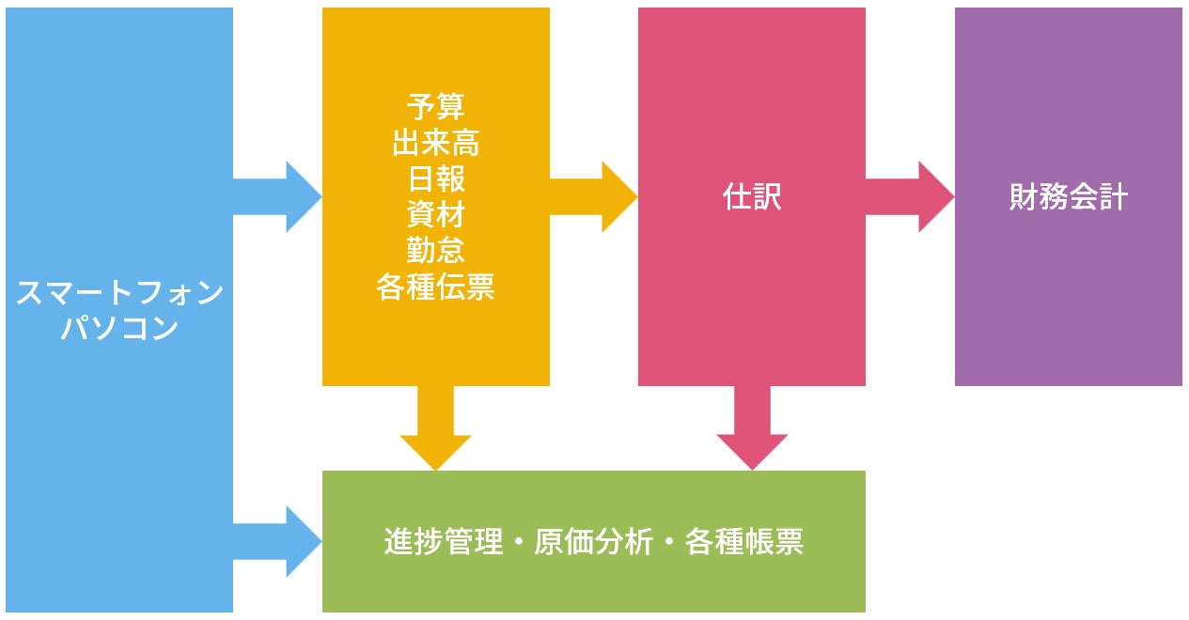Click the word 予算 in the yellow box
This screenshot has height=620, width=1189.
(436, 106)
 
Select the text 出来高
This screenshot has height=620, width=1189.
(436, 142)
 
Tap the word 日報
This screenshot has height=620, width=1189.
(436, 178)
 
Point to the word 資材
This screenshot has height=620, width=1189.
(436, 213)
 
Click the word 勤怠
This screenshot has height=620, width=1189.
(436, 250)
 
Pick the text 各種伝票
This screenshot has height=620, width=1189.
(436, 286)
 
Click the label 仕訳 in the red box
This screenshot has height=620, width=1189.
(752, 197)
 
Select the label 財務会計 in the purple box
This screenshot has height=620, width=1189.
(1069, 197)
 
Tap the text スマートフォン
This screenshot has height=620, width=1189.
(119, 293)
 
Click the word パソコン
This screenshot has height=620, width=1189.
(119, 329)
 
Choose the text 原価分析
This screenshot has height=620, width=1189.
(593, 542)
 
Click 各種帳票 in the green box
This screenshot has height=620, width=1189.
(744, 542)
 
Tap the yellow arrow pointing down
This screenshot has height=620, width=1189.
(435, 427)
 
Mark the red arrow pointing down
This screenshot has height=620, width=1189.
(752, 427)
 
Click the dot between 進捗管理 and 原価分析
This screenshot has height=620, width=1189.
(519, 543)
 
